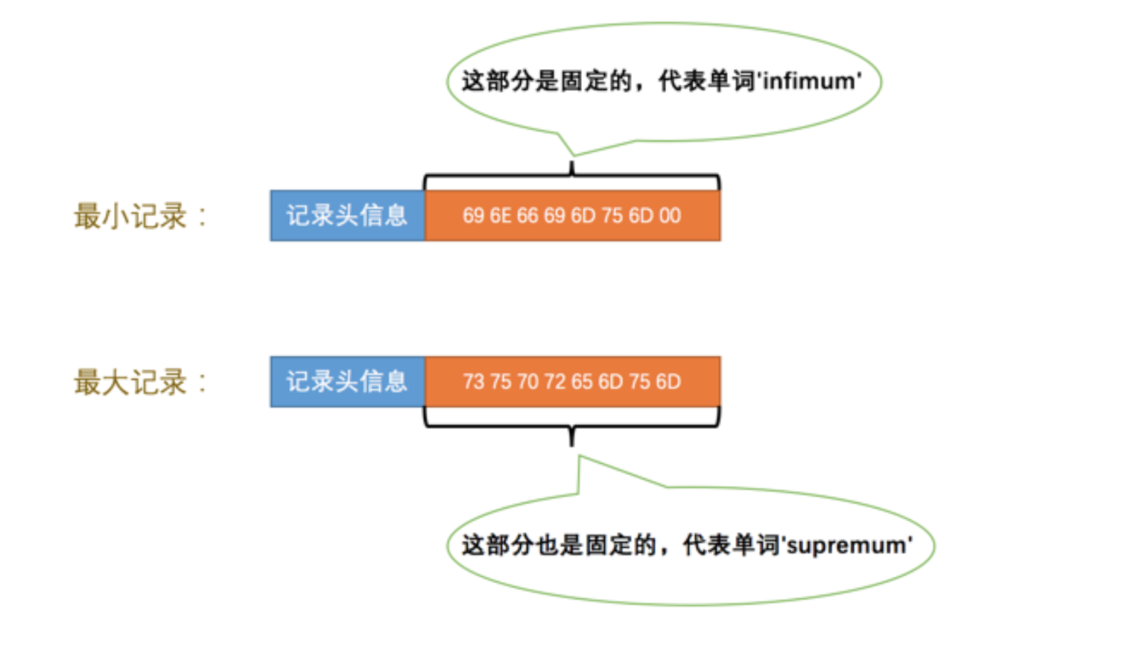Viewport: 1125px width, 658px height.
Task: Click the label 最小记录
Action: point(130,217)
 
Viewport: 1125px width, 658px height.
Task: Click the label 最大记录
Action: point(130,383)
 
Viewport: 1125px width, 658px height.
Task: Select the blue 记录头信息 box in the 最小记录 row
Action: point(347,216)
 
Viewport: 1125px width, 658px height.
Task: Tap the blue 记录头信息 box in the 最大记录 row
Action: point(347,382)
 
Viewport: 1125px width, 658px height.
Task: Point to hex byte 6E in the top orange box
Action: point(501,216)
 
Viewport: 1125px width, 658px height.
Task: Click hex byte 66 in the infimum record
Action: point(527,216)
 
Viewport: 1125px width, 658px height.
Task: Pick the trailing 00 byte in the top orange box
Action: point(670,216)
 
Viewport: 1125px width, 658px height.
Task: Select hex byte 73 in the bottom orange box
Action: point(474,382)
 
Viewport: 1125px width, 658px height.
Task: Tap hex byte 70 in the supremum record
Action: point(527,382)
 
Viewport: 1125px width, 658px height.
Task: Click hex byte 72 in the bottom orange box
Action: point(555,382)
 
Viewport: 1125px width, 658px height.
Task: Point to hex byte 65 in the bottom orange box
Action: point(582,382)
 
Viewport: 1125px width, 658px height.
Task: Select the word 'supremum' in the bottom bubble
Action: point(849,546)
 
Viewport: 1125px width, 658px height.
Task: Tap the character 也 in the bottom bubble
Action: point(546,545)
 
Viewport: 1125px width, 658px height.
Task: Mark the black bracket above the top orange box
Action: point(572,177)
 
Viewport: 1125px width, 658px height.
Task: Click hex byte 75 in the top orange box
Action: point(612,216)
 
